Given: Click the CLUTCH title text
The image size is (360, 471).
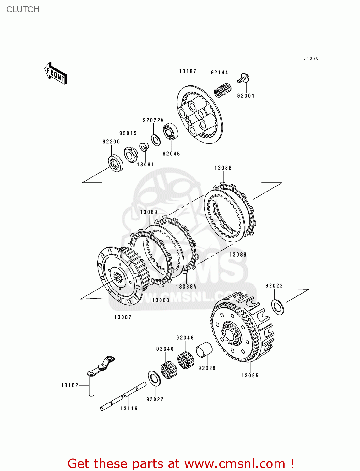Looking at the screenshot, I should (23, 9).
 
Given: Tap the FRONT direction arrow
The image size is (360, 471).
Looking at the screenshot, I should (56, 73).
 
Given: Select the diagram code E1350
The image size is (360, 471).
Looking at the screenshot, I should (311, 58).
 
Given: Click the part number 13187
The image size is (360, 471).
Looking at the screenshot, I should (188, 71).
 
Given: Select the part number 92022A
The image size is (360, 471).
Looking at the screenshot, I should (153, 120).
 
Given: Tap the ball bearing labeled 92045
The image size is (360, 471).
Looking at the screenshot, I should (171, 132).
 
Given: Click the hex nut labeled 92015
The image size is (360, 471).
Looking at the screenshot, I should (131, 154).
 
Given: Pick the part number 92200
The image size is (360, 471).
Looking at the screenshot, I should (111, 142).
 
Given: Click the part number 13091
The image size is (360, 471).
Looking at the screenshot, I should (145, 165).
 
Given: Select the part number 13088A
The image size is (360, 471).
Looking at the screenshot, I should (186, 287).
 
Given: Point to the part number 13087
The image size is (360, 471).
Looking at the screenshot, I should (123, 317).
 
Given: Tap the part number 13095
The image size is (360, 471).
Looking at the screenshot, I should (250, 376).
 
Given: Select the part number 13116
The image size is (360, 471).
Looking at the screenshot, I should (129, 409).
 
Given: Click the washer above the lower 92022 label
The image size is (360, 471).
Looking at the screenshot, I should (154, 378).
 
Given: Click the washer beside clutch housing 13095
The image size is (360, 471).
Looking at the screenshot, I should (277, 307).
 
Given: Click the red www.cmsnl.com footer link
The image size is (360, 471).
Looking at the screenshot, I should (234, 463).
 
